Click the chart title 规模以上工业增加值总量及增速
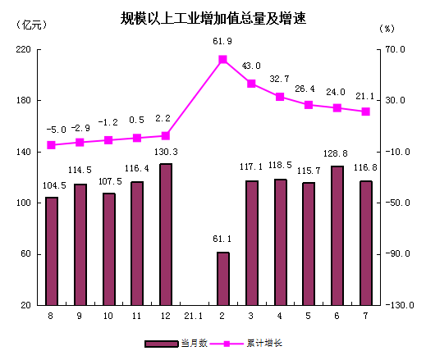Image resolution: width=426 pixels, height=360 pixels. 213,18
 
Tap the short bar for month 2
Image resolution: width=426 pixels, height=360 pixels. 222,278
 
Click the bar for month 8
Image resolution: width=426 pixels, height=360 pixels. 52,250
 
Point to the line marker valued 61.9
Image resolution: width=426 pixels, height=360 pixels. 222,59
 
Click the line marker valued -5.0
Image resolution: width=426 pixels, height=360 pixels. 52,145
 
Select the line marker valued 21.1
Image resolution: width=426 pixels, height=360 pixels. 366,112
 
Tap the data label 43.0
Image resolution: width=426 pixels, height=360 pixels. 251,66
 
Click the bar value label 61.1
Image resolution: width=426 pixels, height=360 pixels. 222,239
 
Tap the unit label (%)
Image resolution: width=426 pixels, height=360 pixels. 387,27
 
